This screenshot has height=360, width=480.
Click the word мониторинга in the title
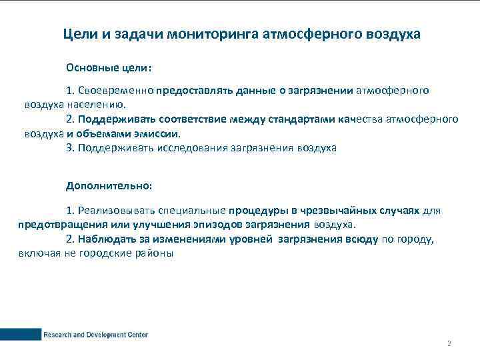[215, 33]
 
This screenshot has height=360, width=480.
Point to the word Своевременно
[116, 90]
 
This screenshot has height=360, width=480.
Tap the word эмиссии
[159, 133]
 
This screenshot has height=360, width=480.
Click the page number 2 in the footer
[449, 344]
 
